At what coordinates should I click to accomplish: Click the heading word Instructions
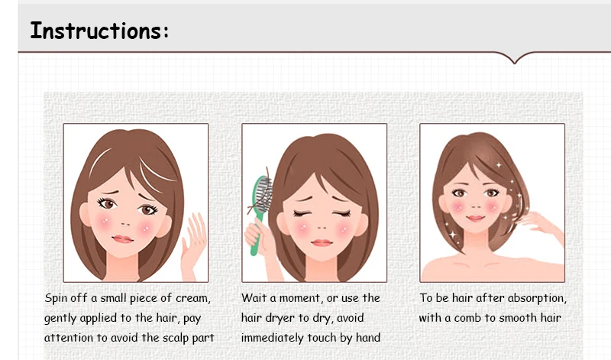[96, 31]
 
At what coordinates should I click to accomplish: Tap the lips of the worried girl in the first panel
[123, 239]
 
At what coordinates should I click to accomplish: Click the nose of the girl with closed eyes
[322, 227]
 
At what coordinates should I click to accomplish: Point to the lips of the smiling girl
[475, 218]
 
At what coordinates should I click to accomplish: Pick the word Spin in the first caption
[56, 298]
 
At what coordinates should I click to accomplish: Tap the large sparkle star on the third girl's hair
[453, 235]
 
